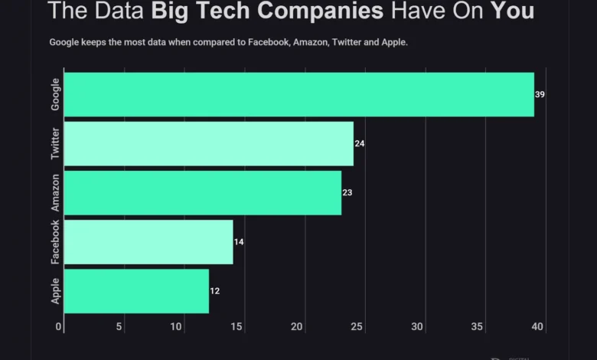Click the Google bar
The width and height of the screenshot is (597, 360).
(298, 94)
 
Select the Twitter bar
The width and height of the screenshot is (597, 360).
(209, 143)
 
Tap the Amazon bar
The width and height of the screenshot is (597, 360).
(203, 192)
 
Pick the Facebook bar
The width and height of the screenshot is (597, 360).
(148, 241)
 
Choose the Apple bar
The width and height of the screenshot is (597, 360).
(136, 290)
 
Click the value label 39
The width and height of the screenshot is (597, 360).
(540, 94)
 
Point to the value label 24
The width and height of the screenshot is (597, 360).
(360, 143)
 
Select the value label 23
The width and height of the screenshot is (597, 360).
(347, 192)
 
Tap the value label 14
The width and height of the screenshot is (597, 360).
(239, 241)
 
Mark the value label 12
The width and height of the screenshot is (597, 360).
(215, 290)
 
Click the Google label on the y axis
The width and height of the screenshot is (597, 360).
(55, 94)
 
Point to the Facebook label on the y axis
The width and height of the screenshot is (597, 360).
(55, 242)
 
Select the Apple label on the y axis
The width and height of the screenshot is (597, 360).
(55, 290)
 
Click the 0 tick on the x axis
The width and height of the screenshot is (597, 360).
(60, 327)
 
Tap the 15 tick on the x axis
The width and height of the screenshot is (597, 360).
(237, 327)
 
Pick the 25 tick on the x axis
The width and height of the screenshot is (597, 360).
(357, 327)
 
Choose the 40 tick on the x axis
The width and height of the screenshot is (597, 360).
(537, 327)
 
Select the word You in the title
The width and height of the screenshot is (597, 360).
(512, 12)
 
